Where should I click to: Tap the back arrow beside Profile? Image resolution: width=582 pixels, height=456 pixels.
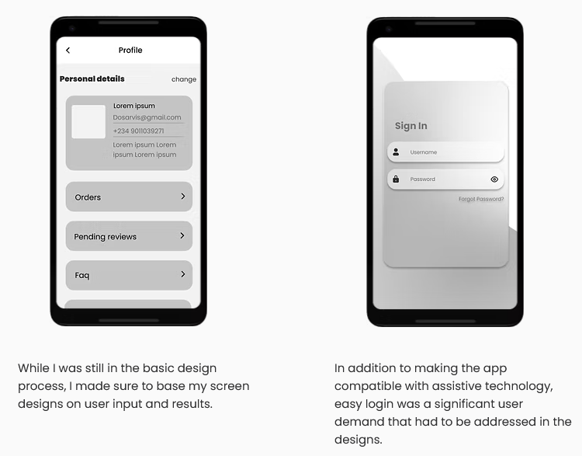68,50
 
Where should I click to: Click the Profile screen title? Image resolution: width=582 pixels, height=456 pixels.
130,50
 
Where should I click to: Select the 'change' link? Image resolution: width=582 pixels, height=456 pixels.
184,79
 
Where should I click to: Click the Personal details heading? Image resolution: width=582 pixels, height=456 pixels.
92,78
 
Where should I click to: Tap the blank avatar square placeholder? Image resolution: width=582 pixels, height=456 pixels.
88,121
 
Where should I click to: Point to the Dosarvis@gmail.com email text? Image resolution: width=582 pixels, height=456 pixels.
147,117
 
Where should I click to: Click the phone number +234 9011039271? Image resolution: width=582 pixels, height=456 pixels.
138,131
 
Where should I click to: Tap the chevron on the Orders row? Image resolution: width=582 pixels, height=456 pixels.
183,197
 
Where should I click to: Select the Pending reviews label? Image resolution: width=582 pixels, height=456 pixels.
105,237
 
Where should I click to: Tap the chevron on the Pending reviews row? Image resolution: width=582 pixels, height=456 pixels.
182,235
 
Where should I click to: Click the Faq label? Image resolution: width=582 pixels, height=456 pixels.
82,275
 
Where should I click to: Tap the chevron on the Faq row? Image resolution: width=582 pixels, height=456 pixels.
183,274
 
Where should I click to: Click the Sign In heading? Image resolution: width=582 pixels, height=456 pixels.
411,126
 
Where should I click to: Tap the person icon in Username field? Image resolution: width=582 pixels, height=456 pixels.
396,152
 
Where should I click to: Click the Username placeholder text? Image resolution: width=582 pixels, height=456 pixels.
424,152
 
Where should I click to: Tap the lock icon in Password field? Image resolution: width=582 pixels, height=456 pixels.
396,179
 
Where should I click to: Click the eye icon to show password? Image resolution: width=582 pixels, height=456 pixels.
494,179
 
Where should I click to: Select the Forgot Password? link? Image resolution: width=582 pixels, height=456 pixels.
481,199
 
